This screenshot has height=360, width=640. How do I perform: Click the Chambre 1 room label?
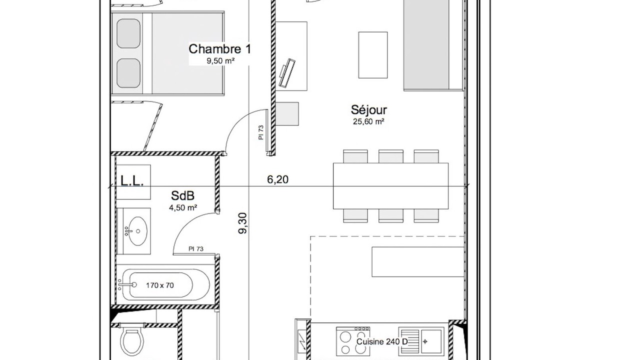[x=219, y=49]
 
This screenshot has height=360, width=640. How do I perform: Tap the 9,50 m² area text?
[x=221, y=61]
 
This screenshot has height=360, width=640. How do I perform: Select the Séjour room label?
[x=369, y=110]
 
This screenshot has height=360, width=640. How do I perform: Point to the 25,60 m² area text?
[x=368, y=121]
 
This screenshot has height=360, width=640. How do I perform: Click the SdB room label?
[x=183, y=195]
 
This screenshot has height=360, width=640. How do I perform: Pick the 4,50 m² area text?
[x=183, y=207]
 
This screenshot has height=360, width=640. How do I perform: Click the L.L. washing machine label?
[x=131, y=181]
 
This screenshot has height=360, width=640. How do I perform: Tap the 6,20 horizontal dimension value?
[x=277, y=179]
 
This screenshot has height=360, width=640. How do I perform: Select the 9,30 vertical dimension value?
[x=243, y=223]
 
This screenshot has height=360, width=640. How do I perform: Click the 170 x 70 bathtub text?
[x=160, y=285]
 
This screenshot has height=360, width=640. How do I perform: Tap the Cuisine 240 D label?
[x=382, y=341]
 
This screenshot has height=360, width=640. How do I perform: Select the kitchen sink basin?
[x=432, y=342]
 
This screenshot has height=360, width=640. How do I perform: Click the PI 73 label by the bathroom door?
[x=196, y=249]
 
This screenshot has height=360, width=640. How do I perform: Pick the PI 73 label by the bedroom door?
[x=260, y=132]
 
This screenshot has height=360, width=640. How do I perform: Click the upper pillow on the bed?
[x=128, y=33]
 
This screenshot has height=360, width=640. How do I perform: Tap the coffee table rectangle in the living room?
[x=373, y=55]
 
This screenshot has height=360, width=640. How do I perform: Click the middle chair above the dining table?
[x=391, y=156]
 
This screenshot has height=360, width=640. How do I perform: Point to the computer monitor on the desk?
[x=287, y=73]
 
